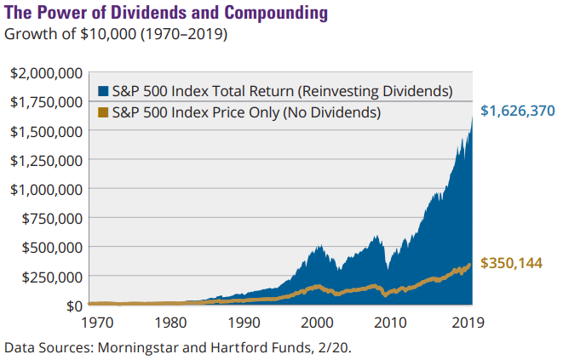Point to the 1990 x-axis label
(245, 323)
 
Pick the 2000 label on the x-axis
(317, 323)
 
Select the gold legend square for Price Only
(104, 111)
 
